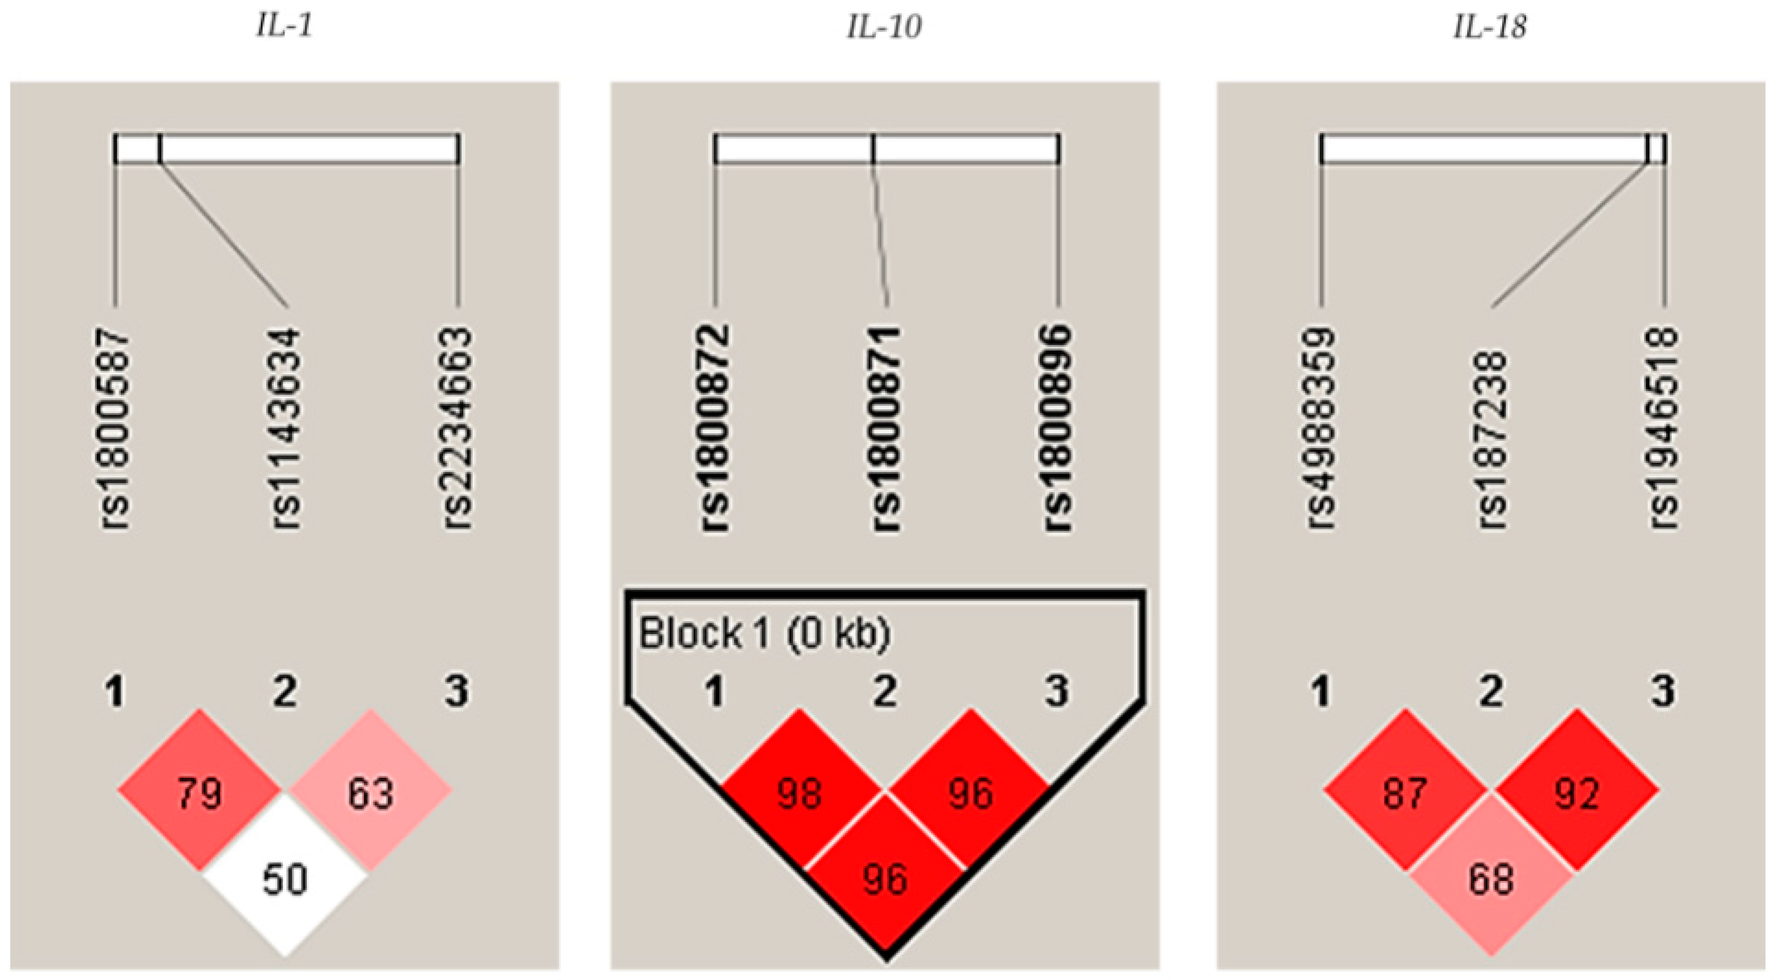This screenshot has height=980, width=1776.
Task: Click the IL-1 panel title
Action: click(284, 27)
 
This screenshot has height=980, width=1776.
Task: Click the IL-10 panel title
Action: click(884, 27)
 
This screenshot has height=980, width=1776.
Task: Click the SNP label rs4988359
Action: click(1321, 429)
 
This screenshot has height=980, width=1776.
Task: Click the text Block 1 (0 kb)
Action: click(765, 633)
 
